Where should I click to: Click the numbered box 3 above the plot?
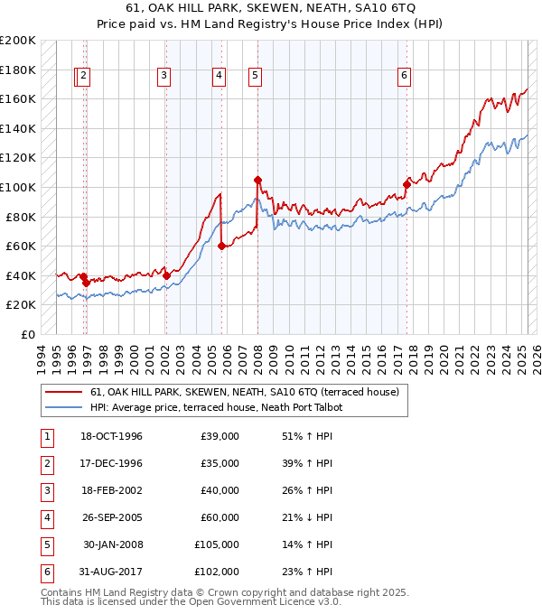click(x=164, y=77)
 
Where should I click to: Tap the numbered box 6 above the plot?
click(x=404, y=77)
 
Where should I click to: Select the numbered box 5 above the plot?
click(x=255, y=77)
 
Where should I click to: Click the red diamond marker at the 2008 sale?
click(x=258, y=180)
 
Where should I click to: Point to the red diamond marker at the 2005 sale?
click(x=222, y=244)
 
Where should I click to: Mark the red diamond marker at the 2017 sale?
click(x=407, y=184)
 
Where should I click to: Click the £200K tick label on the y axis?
click(x=18, y=41)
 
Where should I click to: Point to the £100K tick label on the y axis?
click(x=18, y=187)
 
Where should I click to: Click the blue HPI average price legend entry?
click(x=216, y=408)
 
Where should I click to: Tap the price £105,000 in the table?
click(x=217, y=544)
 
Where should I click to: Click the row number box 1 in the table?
click(x=45, y=436)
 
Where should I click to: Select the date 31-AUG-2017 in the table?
click(x=111, y=572)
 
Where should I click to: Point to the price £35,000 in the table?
click(x=220, y=463)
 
